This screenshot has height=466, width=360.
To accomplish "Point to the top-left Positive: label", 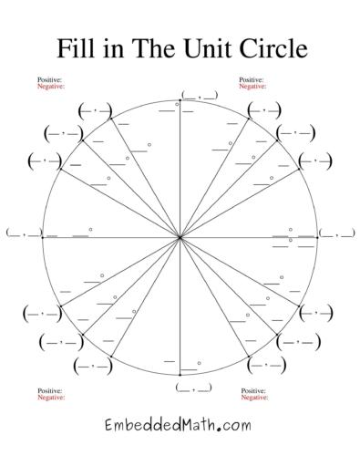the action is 49,80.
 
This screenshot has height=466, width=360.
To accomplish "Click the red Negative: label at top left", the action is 51,87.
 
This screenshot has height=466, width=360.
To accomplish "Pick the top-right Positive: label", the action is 252,80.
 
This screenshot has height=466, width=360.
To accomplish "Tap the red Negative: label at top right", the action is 253,87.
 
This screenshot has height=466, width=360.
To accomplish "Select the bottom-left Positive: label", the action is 49,392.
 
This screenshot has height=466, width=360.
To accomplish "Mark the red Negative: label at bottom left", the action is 51,399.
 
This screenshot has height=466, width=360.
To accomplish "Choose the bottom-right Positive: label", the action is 253,392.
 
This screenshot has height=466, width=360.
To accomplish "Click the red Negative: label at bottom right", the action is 254,399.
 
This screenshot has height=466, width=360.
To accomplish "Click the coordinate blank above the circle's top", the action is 200,95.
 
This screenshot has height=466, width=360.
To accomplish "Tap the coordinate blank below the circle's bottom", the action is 193,388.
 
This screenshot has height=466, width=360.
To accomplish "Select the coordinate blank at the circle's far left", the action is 24,233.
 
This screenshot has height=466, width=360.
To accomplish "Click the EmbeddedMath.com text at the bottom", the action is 179,425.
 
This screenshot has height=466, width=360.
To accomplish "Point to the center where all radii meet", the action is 180,237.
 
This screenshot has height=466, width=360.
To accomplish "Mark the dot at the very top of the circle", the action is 180,99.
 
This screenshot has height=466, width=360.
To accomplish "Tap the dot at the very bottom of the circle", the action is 180,375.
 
